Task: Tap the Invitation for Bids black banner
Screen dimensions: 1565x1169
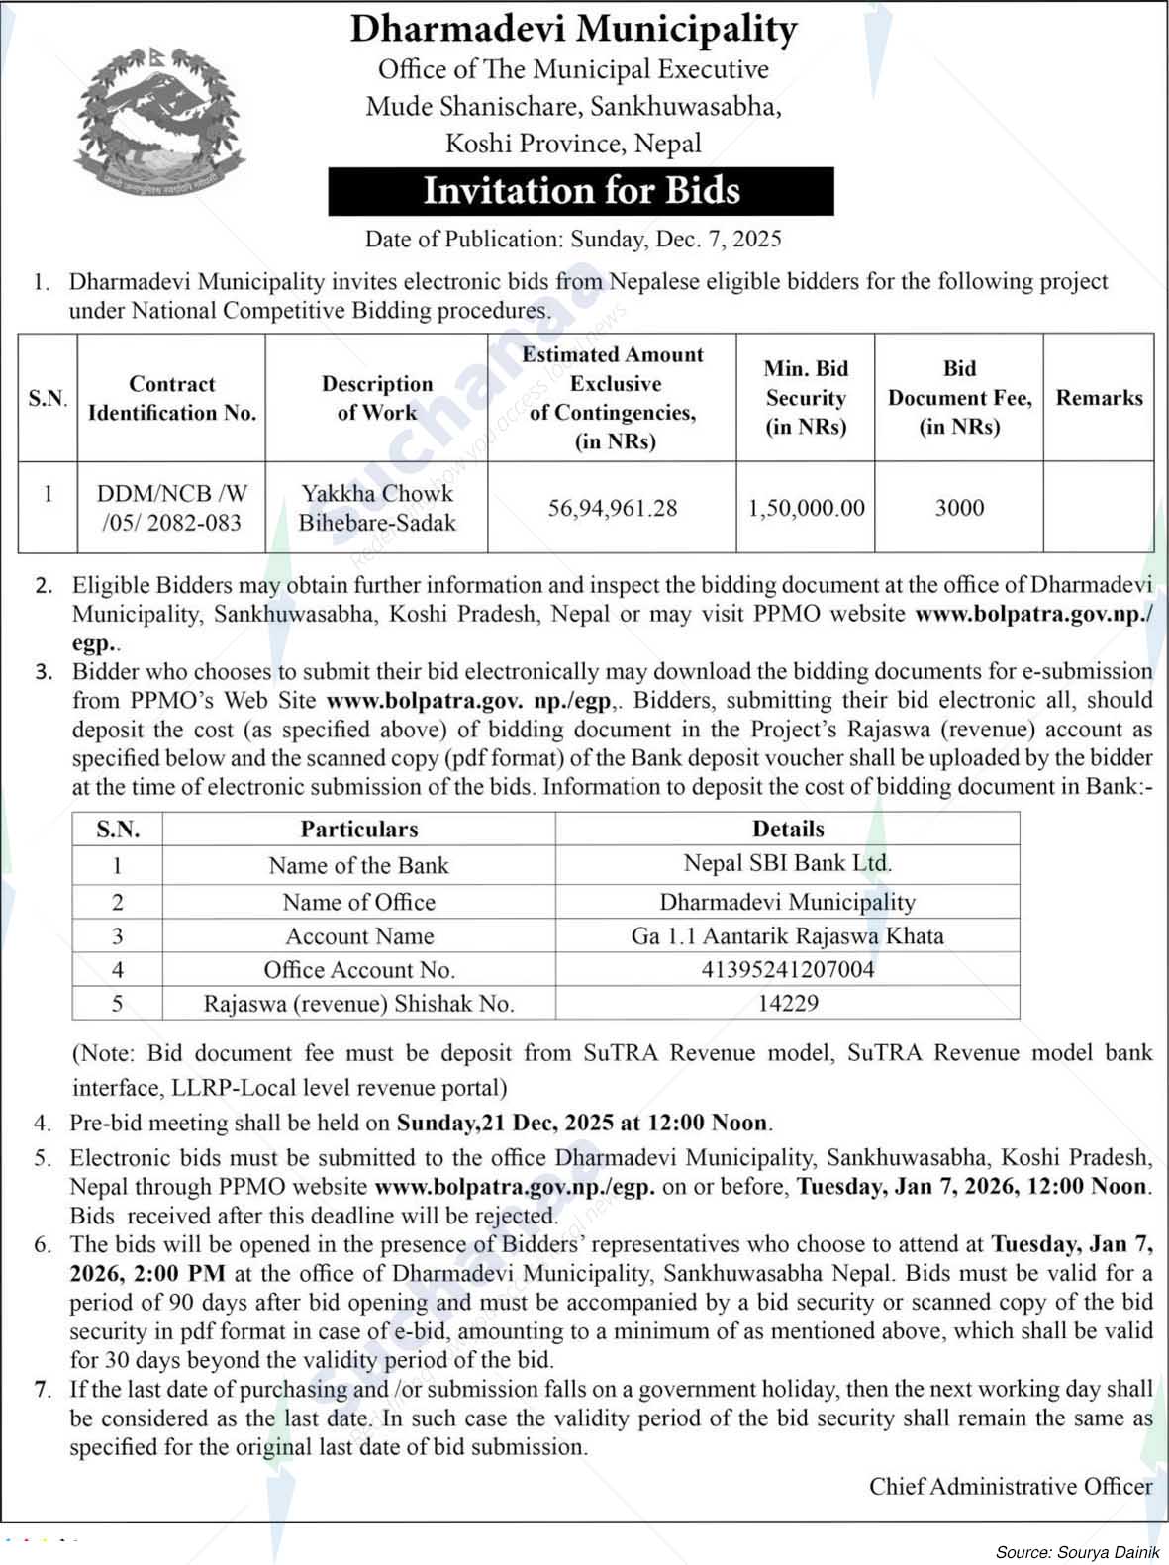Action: pos(581,191)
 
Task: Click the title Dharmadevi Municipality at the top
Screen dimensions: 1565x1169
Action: pos(573,30)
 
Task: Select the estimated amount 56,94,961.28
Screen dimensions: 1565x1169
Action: pos(613,508)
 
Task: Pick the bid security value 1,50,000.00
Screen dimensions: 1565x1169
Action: pos(806,508)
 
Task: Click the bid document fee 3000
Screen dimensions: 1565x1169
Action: pos(959,508)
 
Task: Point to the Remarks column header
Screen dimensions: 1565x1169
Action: pos(1099,398)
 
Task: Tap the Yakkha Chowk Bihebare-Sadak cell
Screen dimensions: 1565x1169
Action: pos(377,508)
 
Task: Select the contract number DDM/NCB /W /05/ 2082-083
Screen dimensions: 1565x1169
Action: pos(172,508)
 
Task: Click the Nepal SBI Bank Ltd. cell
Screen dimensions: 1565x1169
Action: pos(788,863)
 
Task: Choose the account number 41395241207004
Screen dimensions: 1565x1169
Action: pos(788,969)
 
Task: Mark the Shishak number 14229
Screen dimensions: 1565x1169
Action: pos(788,1003)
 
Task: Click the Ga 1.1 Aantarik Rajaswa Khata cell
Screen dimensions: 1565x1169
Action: pos(788,935)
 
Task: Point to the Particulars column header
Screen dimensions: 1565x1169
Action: pos(359,829)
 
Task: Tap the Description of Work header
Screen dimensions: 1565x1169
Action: pos(377,398)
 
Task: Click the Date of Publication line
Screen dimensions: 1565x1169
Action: pos(573,239)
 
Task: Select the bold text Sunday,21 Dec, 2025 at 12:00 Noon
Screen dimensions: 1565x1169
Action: pos(582,1123)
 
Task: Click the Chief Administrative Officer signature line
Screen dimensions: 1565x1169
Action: pos(1011,1486)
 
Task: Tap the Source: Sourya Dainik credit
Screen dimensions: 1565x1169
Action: pos(1077,1552)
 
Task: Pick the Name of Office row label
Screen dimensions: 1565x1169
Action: pos(358,902)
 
